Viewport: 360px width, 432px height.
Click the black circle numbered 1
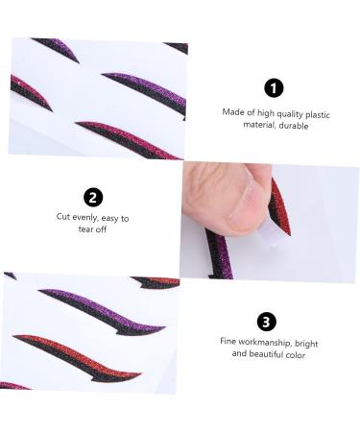point(274,88)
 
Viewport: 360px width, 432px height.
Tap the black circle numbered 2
point(93,198)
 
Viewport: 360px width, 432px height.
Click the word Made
point(232,112)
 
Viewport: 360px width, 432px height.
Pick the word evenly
point(87,218)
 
